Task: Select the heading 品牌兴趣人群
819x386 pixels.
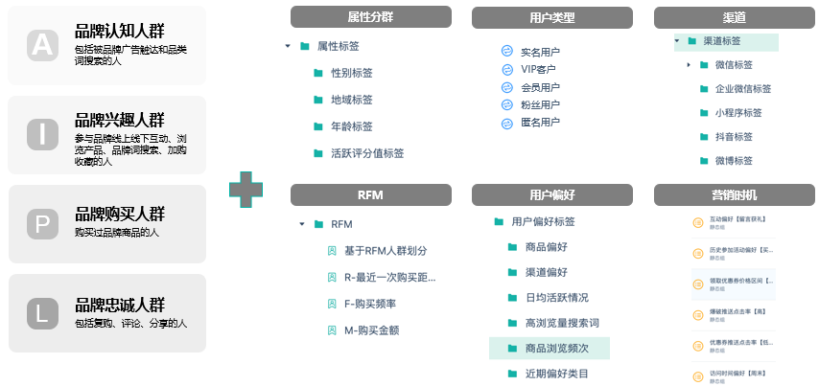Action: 120,121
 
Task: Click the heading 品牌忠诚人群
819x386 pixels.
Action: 120,306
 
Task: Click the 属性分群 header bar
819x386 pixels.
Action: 370,17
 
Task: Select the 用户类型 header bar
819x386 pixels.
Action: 551,17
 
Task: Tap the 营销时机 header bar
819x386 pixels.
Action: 734,195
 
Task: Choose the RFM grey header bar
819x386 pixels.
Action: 370,195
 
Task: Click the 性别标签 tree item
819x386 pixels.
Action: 351,73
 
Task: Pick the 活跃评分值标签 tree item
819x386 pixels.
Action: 366,153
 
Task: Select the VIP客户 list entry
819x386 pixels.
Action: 538,69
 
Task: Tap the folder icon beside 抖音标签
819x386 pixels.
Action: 705,138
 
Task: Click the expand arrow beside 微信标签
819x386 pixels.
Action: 689,65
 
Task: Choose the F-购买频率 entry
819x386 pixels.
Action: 370,304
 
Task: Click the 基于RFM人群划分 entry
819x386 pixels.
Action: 385,251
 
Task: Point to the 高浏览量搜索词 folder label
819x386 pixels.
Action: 562,323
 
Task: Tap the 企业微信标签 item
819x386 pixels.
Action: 743,89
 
